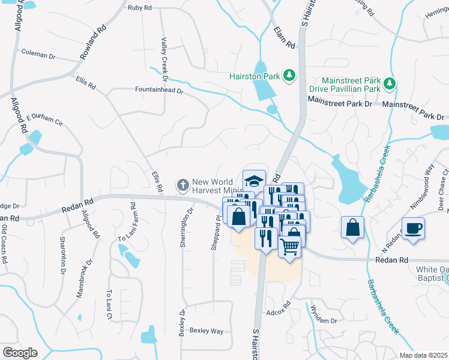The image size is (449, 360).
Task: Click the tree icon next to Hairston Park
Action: coord(289,74)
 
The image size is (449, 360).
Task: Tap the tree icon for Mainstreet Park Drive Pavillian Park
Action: coord(391,82)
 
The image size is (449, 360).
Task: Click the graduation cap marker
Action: coord(254,181)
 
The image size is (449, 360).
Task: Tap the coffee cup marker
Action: coord(414,229)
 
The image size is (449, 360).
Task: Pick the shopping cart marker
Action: coord(289,246)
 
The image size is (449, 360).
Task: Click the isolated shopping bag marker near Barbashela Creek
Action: coord(353,227)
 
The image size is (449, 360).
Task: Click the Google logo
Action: coord(19,352)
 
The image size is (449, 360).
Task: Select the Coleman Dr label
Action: coord(38,55)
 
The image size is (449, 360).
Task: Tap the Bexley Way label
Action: coord(206,331)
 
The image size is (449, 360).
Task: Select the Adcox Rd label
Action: coord(279,312)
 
